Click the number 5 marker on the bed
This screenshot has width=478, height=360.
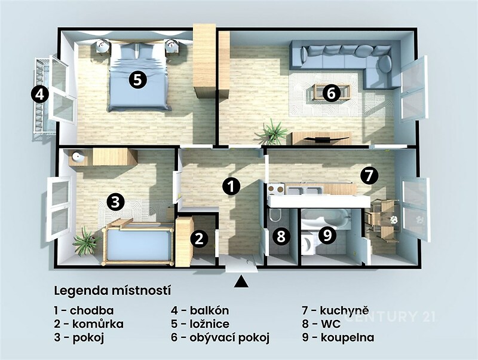click(x=137, y=80)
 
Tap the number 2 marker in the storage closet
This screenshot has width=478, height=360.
click(x=199, y=239)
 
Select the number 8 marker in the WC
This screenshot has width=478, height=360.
click(x=281, y=236)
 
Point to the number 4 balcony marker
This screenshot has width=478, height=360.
click(x=39, y=94)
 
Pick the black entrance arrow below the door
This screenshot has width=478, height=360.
click(x=241, y=281)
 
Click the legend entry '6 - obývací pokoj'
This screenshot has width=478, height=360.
click(x=220, y=338)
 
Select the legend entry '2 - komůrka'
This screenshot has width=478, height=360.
click(x=88, y=324)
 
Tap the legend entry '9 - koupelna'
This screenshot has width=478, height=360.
click(x=338, y=338)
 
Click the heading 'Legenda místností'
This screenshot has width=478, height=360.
click(x=112, y=291)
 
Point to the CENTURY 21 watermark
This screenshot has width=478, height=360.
click(x=390, y=316)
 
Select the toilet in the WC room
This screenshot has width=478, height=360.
click(x=275, y=215)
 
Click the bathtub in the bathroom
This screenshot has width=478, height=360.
click(x=325, y=218)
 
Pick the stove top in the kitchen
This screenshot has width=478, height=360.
click(x=276, y=190)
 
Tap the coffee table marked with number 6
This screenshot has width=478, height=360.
click(x=331, y=91)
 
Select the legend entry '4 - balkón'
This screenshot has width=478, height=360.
click(x=200, y=310)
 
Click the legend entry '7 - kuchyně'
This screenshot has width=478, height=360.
click(x=336, y=311)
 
